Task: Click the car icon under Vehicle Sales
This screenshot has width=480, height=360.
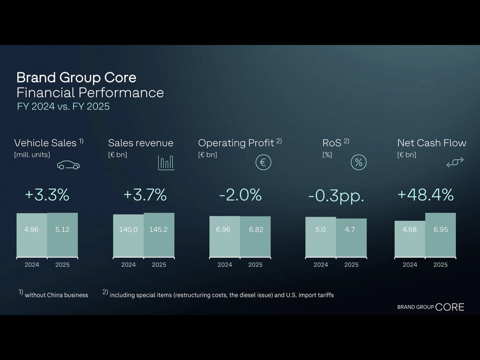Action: pos(68,165)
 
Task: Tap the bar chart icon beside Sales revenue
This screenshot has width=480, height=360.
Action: pos(166,162)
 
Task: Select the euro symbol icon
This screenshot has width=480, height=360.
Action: pos(263,162)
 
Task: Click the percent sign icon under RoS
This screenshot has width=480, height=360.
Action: pos(358,162)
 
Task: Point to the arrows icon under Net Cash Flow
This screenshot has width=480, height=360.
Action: pos(455,162)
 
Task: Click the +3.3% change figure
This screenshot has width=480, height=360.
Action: pos(47,195)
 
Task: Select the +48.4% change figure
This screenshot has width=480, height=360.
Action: pos(425,195)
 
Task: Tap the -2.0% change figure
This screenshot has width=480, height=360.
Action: pos(240,195)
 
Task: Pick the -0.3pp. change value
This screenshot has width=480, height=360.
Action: pos(336,196)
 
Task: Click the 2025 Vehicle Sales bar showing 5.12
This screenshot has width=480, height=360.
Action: pos(62,235)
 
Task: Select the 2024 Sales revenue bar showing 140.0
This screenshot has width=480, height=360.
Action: pos(128,236)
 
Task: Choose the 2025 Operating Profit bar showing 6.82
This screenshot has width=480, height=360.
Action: pos(256,236)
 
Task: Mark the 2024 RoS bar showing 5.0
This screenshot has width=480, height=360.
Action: pos(320,237)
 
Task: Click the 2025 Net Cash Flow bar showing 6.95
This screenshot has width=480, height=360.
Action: pos(440,235)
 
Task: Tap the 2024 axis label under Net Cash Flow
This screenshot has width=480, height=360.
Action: pos(410,265)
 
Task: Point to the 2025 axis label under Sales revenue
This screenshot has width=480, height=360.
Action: pos(159,265)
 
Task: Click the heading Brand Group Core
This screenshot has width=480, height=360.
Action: pos(76,77)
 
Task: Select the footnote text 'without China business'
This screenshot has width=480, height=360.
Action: pos(56,295)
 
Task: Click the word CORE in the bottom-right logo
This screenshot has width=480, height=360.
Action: pos(450,307)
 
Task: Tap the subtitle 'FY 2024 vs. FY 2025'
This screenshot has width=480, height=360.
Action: pos(63,107)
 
